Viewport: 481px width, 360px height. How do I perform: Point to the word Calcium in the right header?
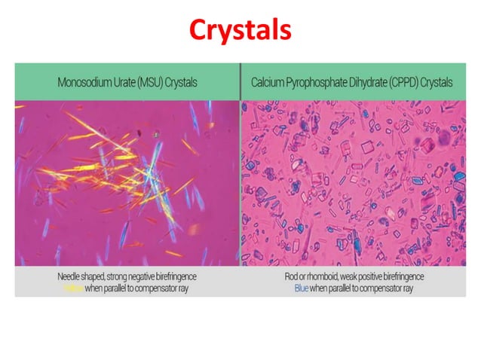click(x=269, y=82)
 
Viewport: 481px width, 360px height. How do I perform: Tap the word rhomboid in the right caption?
click(x=320, y=277)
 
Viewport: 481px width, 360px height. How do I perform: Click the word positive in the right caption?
click(x=372, y=277)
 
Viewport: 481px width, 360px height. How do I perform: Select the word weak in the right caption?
click(x=348, y=277)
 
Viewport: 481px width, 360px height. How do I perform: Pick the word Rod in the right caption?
click(x=291, y=277)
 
